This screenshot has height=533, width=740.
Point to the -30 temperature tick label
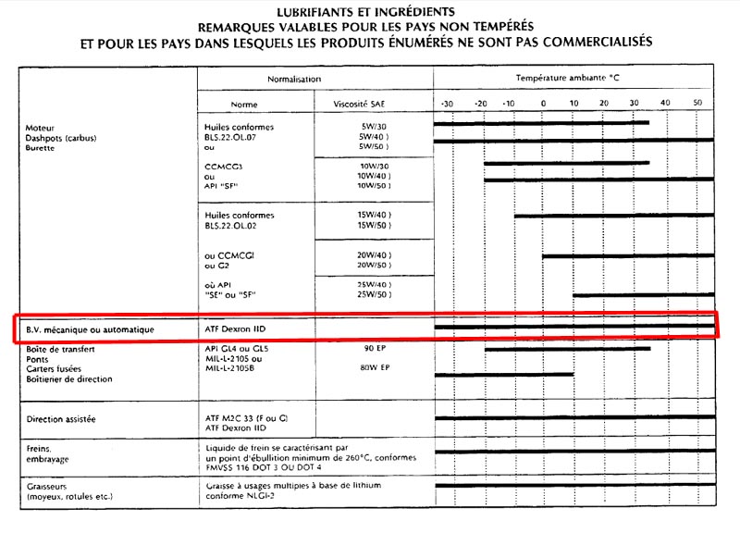point(447,104)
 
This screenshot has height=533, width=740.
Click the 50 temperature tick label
point(697,104)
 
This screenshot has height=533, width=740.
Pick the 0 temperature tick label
point(543,104)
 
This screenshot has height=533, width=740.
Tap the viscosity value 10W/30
point(370,166)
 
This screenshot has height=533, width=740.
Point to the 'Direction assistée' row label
point(63,419)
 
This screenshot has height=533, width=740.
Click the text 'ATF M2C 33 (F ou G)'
point(246,419)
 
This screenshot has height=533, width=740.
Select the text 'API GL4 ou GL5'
point(236,349)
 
